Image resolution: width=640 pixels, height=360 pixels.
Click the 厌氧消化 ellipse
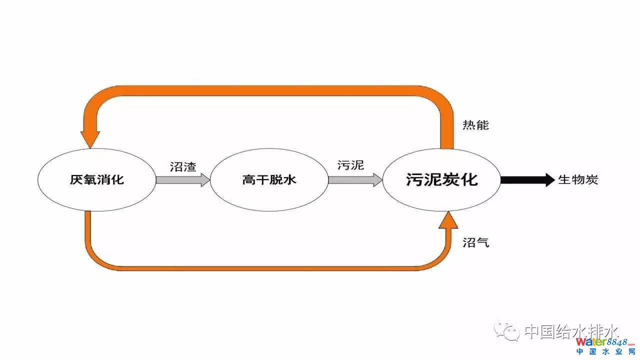click(x=96, y=179)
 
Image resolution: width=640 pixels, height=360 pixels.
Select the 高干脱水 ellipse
click(x=269, y=179)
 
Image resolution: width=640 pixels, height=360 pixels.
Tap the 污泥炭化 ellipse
click(x=441, y=179)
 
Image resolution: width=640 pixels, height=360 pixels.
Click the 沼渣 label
click(x=182, y=167)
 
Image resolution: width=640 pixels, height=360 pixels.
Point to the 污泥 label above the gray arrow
click(x=351, y=165)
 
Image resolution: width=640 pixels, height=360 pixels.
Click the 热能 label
click(x=475, y=125)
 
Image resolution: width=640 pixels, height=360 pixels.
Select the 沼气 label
click(x=475, y=243)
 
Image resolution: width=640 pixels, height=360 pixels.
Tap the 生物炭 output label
click(x=578, y=180)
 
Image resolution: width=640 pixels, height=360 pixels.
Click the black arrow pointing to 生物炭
click(x=527, y=180)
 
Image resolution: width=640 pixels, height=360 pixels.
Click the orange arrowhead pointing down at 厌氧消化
click(x=90, y=138)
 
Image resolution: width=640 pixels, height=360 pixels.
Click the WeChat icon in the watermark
click(x=507, y=330)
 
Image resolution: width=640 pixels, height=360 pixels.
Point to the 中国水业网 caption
click(x=604, y=352)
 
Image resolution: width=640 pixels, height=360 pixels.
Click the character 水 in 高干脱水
click(x=289, y=179)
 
